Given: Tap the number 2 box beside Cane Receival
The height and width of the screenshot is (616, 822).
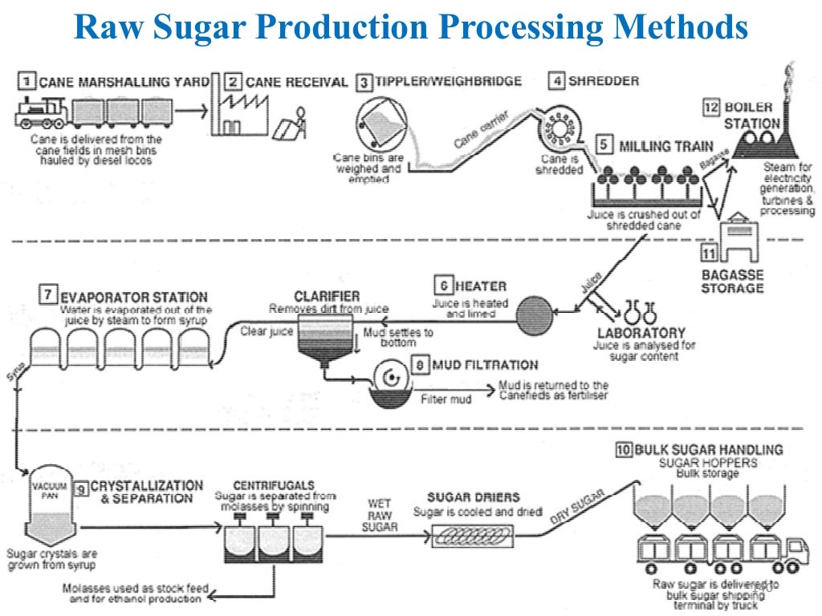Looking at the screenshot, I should coord(233,82).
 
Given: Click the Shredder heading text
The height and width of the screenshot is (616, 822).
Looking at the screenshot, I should coord(604,81).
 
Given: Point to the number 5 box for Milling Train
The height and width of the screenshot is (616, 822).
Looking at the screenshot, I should coord(604,146).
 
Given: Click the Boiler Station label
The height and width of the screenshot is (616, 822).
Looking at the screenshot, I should coord(751,115).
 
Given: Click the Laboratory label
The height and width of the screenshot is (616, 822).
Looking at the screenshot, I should coord(641,332).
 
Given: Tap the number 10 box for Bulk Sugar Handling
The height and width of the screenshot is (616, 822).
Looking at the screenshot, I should coord(624,450).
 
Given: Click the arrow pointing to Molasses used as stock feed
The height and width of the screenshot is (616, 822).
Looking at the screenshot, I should coord(216,594).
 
